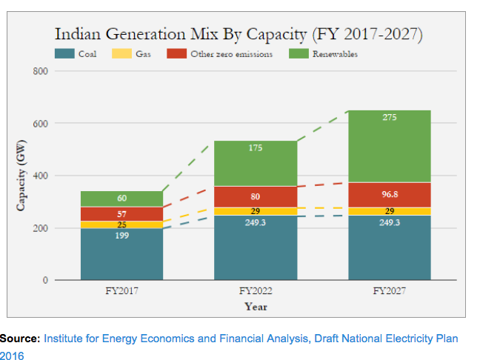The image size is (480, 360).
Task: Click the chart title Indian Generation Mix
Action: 238,34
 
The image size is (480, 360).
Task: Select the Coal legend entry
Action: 77,53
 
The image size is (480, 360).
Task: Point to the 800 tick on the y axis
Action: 41,71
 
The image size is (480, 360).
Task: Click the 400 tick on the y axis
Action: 41,176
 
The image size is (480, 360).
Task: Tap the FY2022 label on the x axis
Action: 256,291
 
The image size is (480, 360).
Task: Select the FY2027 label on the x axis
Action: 390,291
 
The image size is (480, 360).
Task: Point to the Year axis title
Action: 256,306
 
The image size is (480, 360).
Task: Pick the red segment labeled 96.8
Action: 390,194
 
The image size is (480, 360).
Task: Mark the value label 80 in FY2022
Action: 256,197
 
